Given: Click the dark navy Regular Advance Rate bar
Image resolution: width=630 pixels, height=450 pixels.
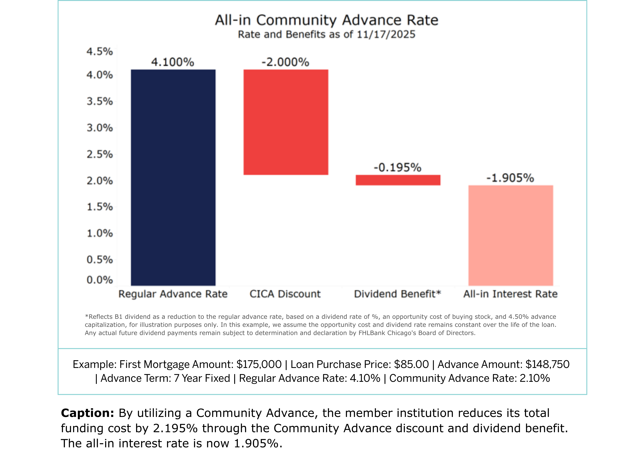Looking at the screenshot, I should click(173, 177).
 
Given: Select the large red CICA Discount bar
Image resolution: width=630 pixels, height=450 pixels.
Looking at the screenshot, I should click(286, 122).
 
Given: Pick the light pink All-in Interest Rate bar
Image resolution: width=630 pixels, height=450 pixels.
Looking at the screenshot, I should click(511, 235).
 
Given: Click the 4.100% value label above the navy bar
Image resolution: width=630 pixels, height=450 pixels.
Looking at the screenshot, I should click(173, 62).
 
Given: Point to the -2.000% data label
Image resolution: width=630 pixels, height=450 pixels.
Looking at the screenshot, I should click(285, 62).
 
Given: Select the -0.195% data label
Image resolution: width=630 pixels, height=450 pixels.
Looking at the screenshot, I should click(398, 167).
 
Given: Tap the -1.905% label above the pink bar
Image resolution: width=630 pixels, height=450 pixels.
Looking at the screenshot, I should click(510, 178).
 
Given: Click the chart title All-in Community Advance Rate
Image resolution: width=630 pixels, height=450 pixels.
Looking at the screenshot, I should click(327, 20).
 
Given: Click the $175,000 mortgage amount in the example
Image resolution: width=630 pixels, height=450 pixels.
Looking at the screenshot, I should click(259, 364).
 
